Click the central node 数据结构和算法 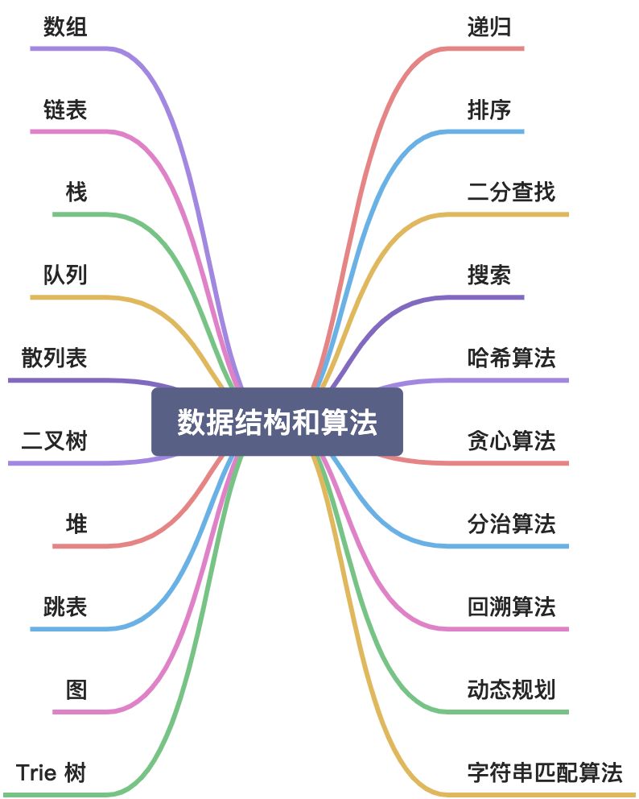(x=277, y=422)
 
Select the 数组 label (x=65, y=27)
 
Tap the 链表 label (x=65, y=110)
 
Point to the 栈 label (x=76, y=193)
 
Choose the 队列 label (x=65, y=275)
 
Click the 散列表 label (x=55, y=358)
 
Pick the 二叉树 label (x=55, y=441)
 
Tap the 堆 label (x=76, y=524)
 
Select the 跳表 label (x=65, y=606)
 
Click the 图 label (x=76, y=690)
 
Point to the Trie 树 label (x=51, y=773)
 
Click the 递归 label (x=489, y=27)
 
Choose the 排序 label (x=489, y=110)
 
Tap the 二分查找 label (x=511, y=193)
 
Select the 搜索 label (x=489, y=275)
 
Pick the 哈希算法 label (x=511, y=358)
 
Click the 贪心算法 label (x=511, y=441)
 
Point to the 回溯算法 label (x=511, y=606)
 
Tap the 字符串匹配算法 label (x=545, y=773)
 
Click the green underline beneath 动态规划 (x=515, y=712)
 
